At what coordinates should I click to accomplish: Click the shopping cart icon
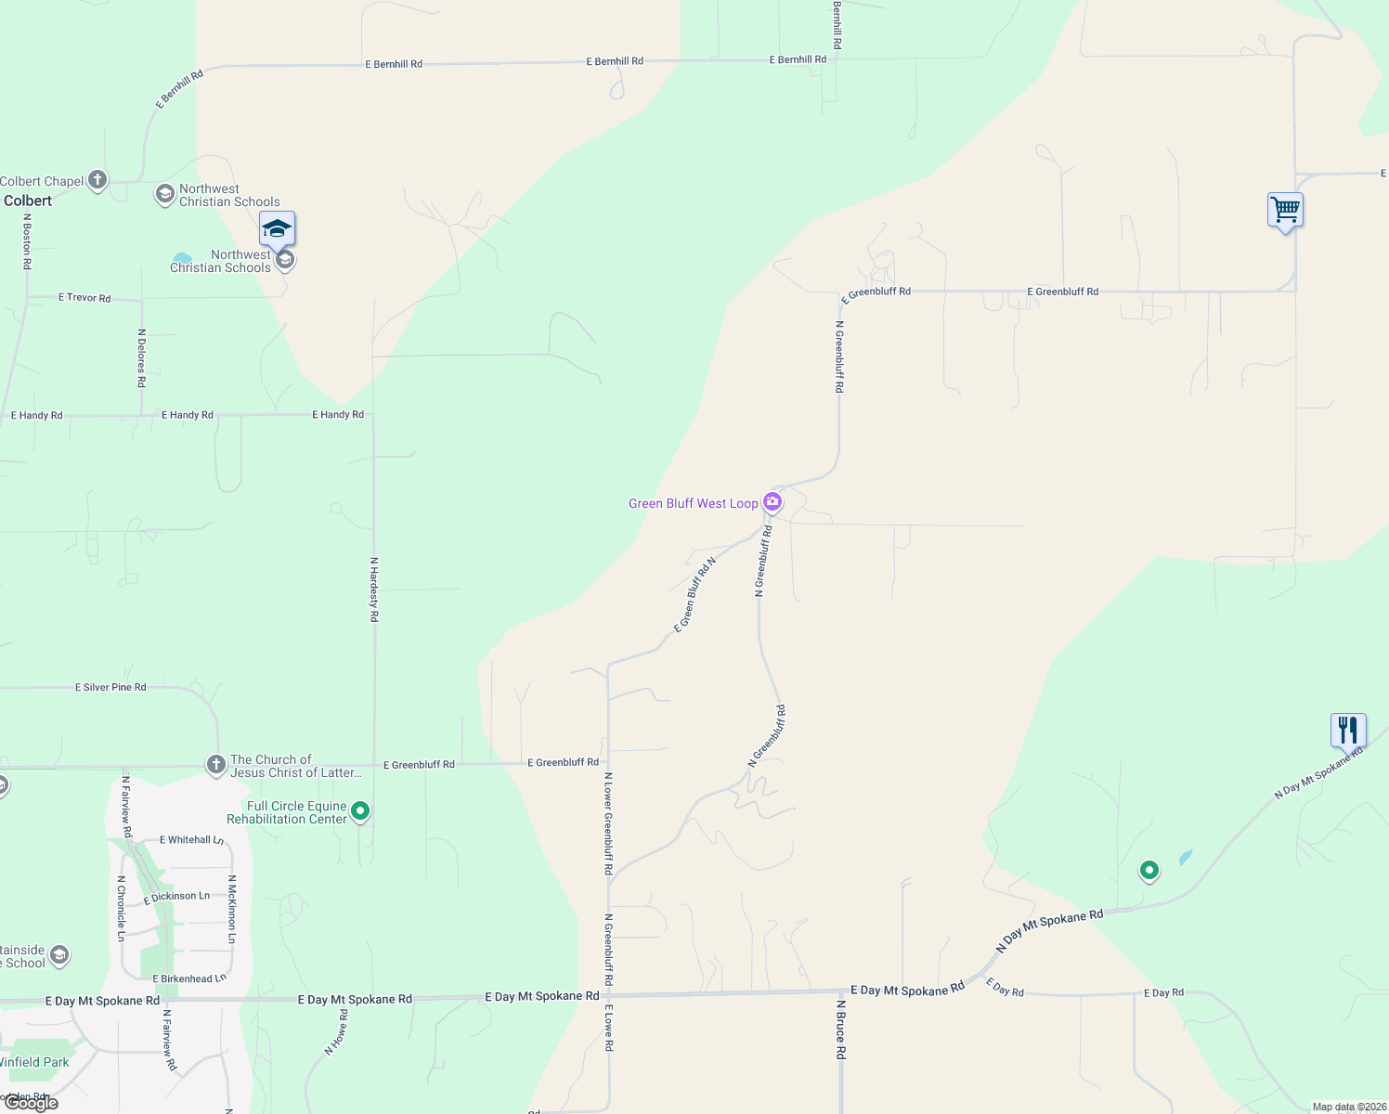1285,211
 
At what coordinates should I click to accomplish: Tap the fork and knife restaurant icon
1348,731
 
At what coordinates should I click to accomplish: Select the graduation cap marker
277,228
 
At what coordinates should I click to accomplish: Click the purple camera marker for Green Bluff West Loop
772,502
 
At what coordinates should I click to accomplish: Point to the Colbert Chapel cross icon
97,181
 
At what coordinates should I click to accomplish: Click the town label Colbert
28,201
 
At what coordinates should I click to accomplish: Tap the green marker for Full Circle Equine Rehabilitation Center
360,810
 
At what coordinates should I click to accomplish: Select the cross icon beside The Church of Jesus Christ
215,765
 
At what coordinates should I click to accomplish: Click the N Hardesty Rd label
374,589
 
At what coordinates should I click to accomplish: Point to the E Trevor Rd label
84,298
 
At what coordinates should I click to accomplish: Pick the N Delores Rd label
141,357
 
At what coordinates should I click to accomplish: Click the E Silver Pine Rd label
110,687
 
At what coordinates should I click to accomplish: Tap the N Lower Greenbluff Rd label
608,823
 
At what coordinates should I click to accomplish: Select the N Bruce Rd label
840,1029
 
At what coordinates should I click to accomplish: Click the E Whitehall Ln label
191,839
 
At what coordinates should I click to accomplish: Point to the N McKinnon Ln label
231,909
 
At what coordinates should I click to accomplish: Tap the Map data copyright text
1348,1107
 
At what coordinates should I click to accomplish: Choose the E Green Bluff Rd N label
694,595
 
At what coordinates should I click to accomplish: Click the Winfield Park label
34,1062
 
